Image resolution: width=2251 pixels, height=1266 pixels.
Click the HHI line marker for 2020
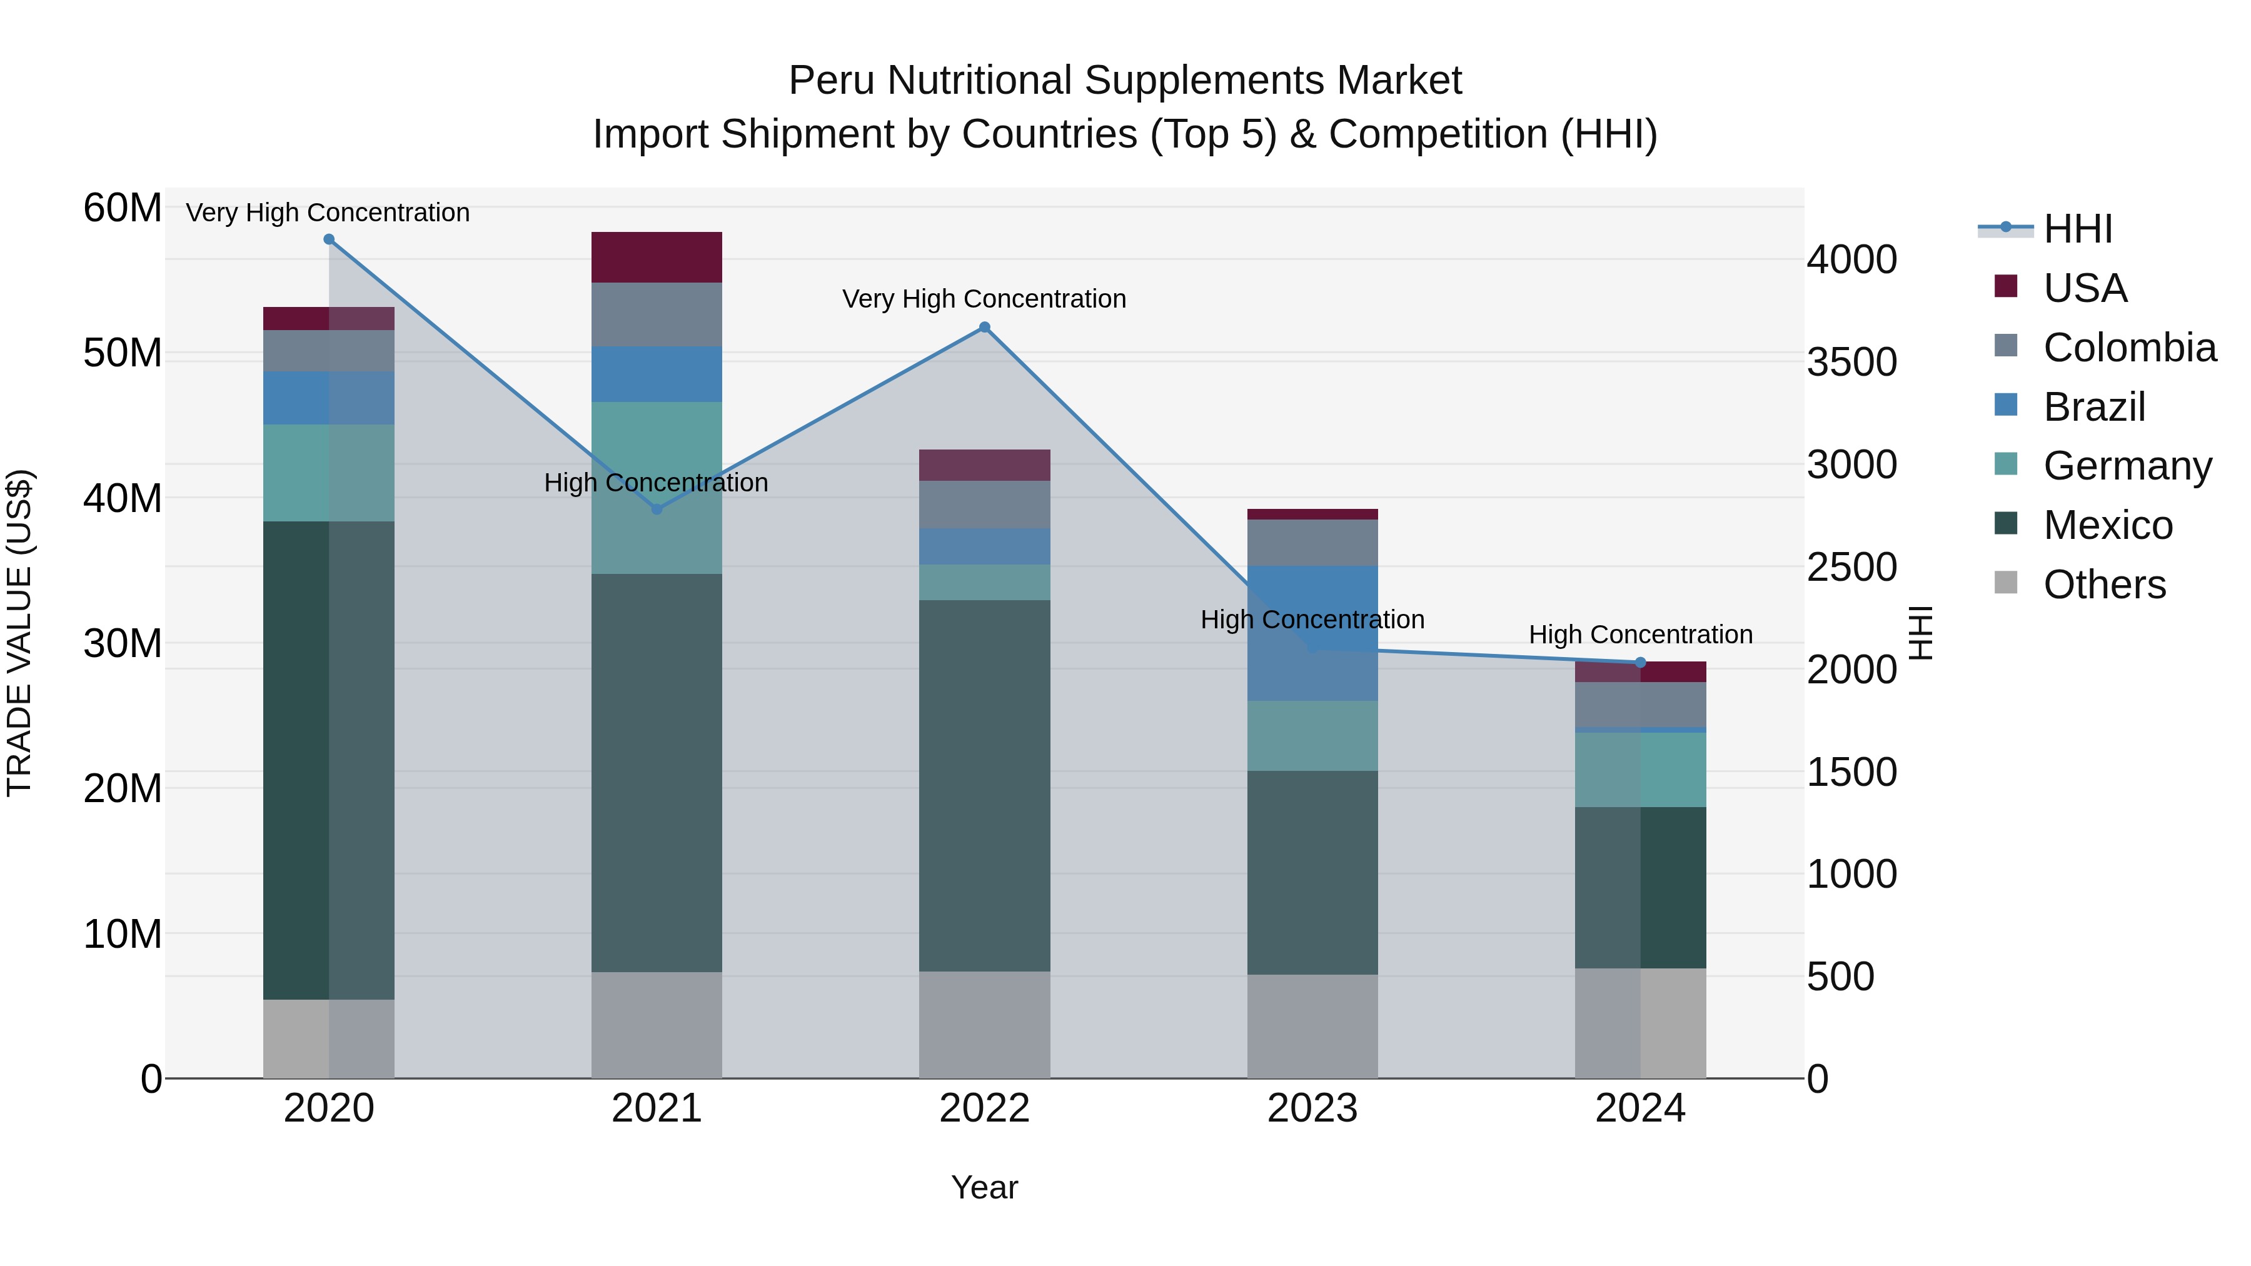(x=328, y=239)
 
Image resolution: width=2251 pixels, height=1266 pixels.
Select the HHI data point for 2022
(x=984, y=328)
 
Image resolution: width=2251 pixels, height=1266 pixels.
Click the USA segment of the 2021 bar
(x=657, y=257)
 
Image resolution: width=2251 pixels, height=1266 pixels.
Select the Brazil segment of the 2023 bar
(x=1312, y=633)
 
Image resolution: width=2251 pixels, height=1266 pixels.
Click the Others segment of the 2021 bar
(x=657, y=1024)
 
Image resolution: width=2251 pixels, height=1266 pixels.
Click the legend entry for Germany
(x=2127, y=466)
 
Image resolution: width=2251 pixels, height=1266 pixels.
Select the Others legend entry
(x=2103, y=585)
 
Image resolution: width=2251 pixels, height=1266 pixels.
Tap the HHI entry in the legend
(x=2077, y=229)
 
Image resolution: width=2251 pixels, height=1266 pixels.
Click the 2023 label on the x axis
(x=1312, y=1108)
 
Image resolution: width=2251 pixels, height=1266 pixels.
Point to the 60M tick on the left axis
(x=123, y=208)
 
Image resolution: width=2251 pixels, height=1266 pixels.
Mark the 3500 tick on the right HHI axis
(x=1851, y=363)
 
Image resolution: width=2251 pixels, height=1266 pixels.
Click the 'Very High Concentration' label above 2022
(x=984, y=299)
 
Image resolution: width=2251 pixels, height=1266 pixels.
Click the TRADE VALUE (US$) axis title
(x=19, y=633)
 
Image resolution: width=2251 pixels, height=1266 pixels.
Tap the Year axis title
(x=984, y=1187)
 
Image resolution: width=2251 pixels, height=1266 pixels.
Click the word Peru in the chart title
(x=825, y=81)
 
